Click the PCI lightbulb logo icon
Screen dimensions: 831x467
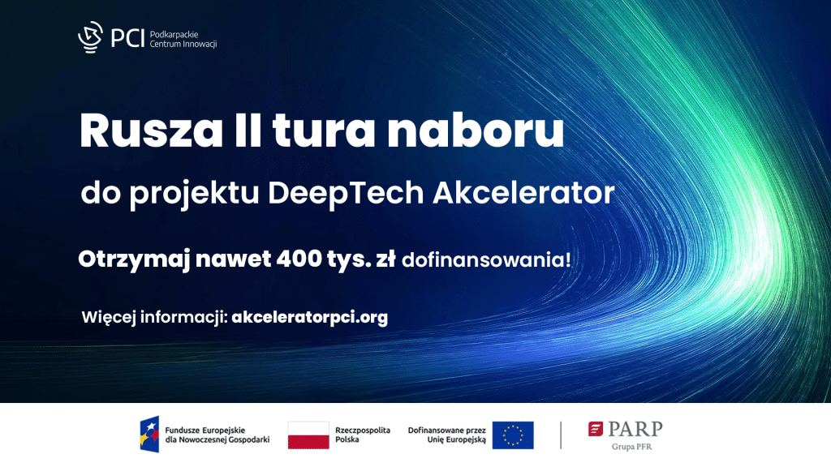(x=91, y=37)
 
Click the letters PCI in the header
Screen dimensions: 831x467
(x=127, y=38)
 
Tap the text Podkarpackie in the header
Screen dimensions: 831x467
(x=174, y=34)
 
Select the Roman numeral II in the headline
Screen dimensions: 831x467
(x=248, y=131)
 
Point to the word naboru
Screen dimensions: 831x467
(x=476, y=130)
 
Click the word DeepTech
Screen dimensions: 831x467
(x=346, y=193)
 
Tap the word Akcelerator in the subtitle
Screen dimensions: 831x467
(x=523, y=192)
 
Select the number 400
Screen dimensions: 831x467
(x=299, y=259)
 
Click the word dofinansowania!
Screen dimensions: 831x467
(x=487, y=260)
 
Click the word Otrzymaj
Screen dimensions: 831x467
(x=134, y=260)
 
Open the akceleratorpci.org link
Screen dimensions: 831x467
(x=309, y=317)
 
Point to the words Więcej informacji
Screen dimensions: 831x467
(x=155, y=318)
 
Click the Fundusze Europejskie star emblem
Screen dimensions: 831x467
(x=149, y=435)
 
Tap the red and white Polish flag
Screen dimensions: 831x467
(x=308, y=435)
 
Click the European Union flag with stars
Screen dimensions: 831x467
(x=513, y=435)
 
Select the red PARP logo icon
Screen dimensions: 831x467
(x=596, y=429)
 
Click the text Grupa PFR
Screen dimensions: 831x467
(x=631, y=447)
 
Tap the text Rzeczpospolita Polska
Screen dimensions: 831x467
(x=363, y=435)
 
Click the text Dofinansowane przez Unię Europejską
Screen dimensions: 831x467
(x=447, y=435)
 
